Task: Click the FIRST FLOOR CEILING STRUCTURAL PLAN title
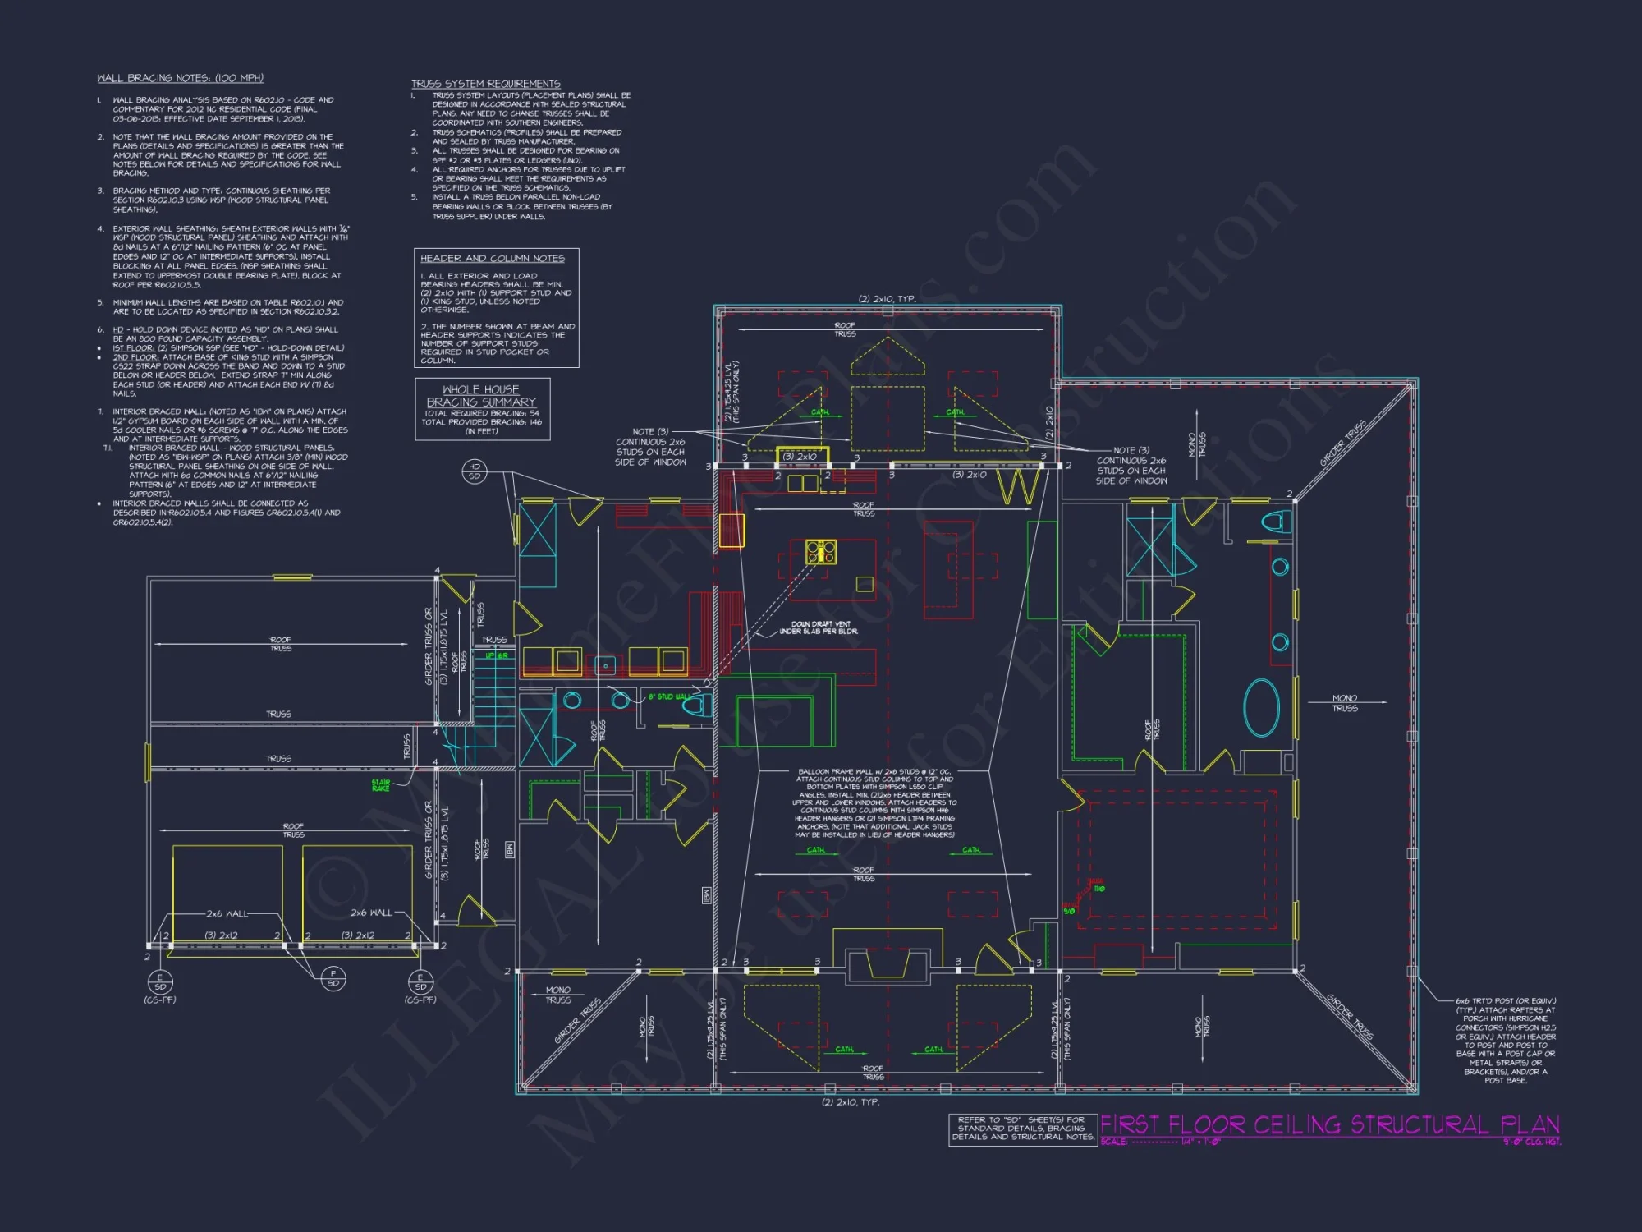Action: click(1329, 1124)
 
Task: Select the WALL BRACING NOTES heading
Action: click(180, 78)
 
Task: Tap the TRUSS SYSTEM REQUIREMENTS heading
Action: click(485, 84)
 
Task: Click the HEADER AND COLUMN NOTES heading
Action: click(492, 258)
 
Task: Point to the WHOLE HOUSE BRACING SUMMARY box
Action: click(482, 408)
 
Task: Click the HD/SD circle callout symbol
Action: click(475, 471)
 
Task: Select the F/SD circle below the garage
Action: click(333, 978)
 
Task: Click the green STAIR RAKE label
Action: click(381, 785)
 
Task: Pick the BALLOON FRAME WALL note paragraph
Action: click(874, 802)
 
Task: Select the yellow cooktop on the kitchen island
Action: click(820, 552)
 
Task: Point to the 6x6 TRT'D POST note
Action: click(1505, 1040)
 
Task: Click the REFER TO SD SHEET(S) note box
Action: click(1022, 1129)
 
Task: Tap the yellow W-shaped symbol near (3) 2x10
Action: click(1019, 486)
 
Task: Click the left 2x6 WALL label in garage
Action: click(227, 913)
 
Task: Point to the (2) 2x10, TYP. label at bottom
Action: click(850, 1102)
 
